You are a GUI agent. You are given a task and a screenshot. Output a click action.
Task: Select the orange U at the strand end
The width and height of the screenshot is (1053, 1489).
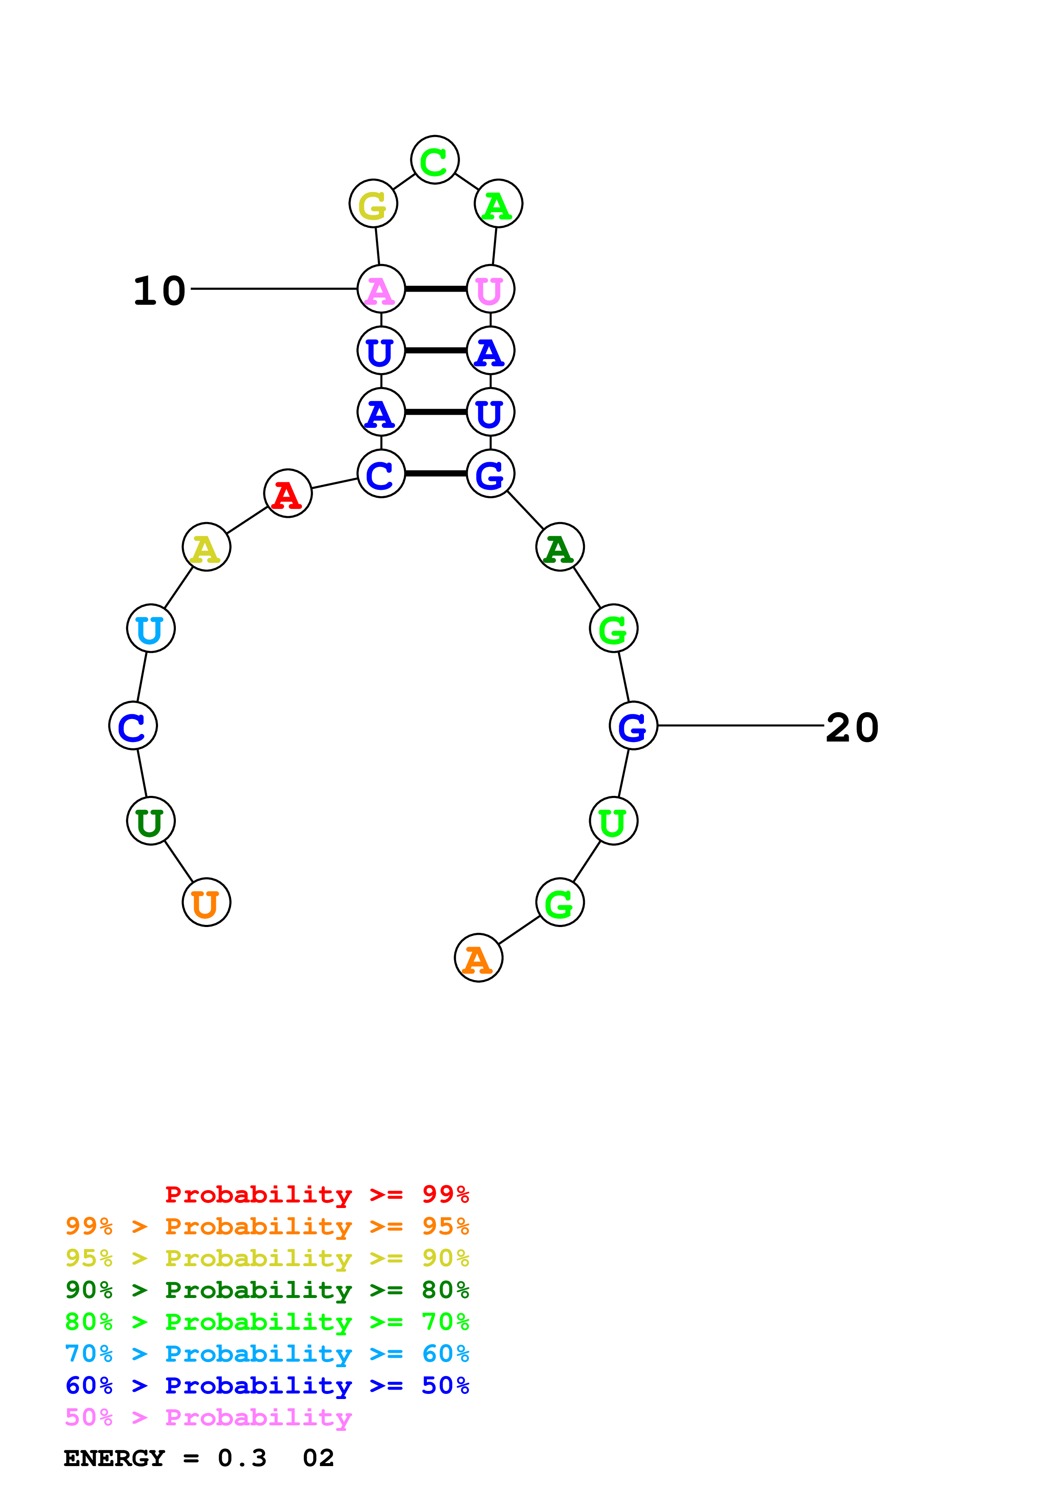pyautogui.click(x=206, y=902)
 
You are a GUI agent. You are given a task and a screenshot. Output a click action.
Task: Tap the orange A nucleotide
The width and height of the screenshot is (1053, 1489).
pyautogui.click(x=478, y=958)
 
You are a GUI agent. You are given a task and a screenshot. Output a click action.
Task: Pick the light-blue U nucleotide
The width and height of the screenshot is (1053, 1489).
pyautogui.click(x=150, y=629)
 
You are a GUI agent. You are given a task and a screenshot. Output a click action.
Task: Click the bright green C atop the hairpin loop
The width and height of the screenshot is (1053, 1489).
pyautogui.click(x=435, y=160)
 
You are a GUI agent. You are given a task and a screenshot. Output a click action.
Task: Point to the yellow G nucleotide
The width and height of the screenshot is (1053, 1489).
pyautogui.click(x=373, y=204)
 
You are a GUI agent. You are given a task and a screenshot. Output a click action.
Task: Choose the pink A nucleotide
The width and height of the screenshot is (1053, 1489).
pyautogui.click(x=381, y=289)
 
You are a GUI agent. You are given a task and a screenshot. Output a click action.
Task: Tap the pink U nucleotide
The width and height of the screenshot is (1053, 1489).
pyautogui.click(x=491, y=289)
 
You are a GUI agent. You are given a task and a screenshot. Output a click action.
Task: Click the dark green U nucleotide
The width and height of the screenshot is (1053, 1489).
pyautogui.click(x=150, y=821)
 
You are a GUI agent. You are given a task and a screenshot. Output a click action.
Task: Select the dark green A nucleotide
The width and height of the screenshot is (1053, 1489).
pyautogui.click(x=560, y=547)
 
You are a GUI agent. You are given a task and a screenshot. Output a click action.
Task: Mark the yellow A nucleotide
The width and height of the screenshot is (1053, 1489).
pyautogui.click(x=206, y=547)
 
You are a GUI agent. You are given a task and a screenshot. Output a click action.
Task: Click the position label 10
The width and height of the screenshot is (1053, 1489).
pyautogui.click(x=159, y=291)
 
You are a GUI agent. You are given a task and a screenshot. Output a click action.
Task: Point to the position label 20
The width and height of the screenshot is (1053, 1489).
pyautogui.click(x=852, y=728)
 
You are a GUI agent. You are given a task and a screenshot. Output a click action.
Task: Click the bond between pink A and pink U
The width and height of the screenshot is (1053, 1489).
pyautogui.click(x=436, y=289)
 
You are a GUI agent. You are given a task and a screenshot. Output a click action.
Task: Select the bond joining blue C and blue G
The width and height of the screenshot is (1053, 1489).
pyautogui.click(x=436, y=473)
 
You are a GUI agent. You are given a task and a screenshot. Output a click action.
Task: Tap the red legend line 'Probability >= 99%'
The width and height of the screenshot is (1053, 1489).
pyautogui.click(x=316, y=1194)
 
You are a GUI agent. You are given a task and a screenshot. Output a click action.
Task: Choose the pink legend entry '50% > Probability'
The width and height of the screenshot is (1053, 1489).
pyautogui.click(x=208, y=1418)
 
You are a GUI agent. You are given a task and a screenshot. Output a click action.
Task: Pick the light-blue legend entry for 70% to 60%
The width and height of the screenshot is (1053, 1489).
pyautogui.click(x=267, y=1354)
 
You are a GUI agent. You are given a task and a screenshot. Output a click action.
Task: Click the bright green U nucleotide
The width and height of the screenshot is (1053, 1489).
pyautogui.click(x=613, y=821)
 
